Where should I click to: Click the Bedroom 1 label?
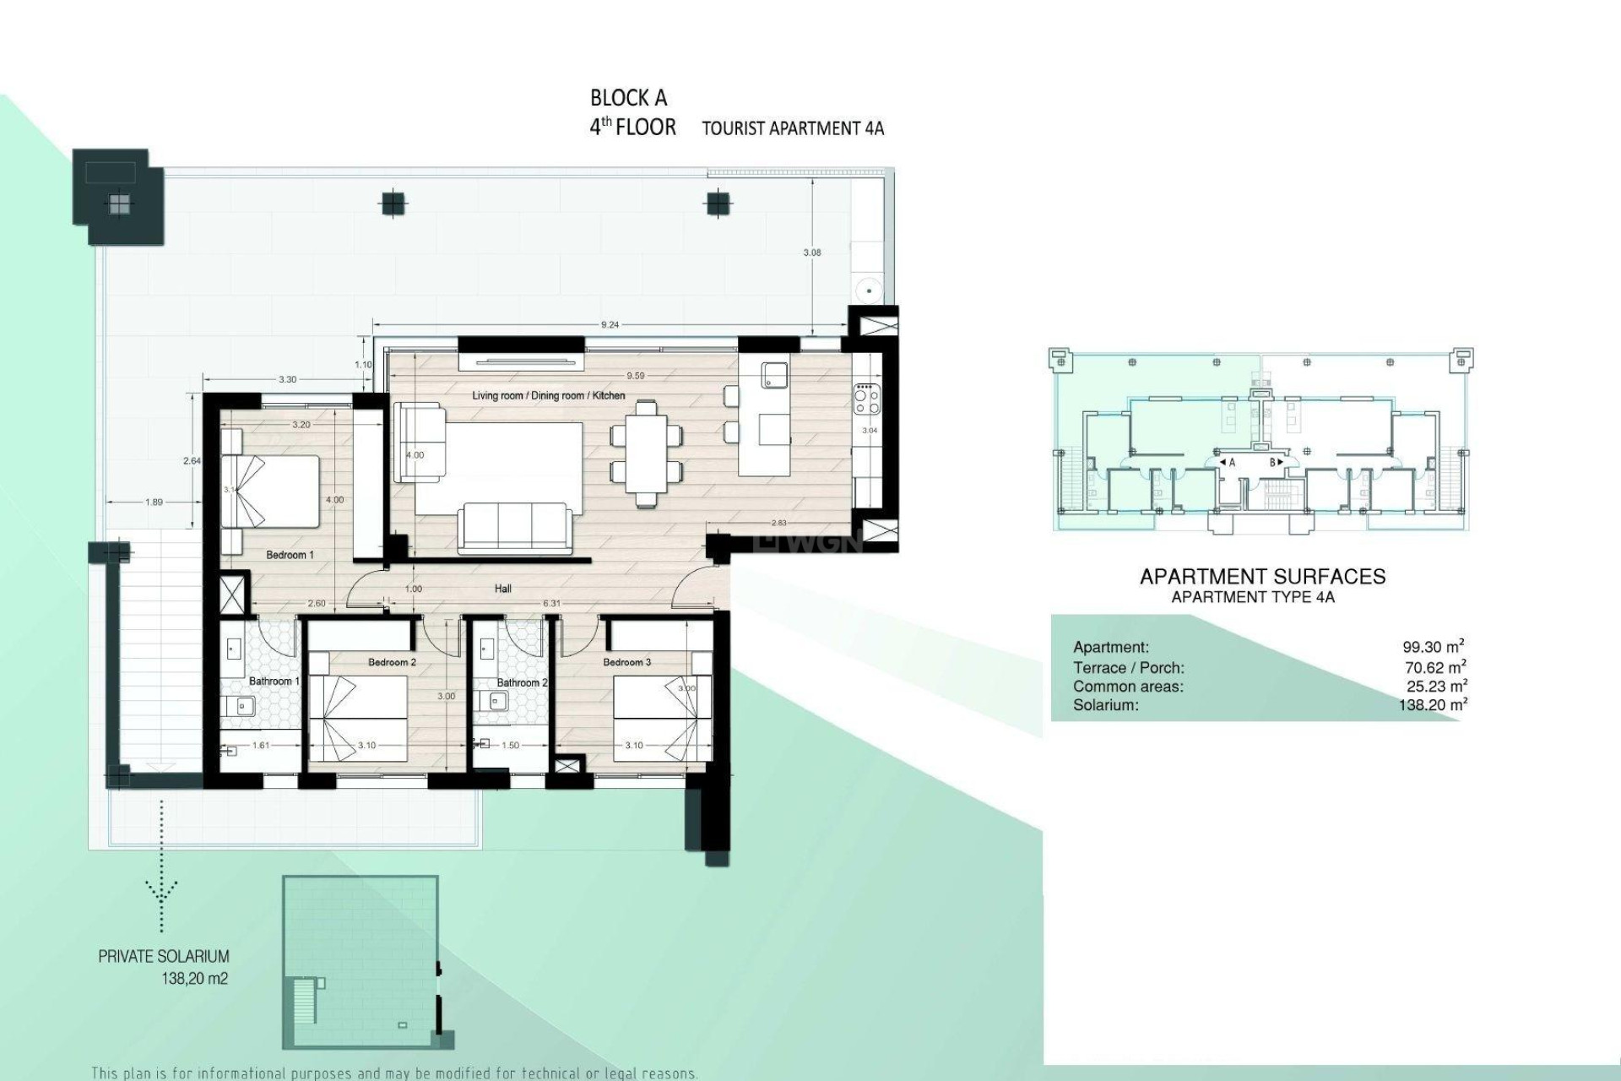coord(290,555)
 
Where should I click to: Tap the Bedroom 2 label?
coord(392,662)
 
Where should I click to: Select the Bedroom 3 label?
coord(626,662)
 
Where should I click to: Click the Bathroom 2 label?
coord(522,682)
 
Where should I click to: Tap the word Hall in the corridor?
coord(503,589)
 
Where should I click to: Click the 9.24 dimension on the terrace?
coord(610,324)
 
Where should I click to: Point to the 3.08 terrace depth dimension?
coord(812,253)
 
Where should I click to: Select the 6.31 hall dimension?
coord(551,603)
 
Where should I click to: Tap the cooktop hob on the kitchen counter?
coord(867,399)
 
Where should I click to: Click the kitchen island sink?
coord(774,375)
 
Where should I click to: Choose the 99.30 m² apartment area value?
coord(1433,647)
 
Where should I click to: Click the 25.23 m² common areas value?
coord(1436,686)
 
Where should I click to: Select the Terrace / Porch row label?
coord(1129,667)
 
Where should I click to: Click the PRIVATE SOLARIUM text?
coord(164,956)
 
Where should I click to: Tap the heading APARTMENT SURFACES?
coord(1262,576)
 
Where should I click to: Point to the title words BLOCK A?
coord(629,98)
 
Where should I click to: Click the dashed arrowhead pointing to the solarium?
coord(161,889)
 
